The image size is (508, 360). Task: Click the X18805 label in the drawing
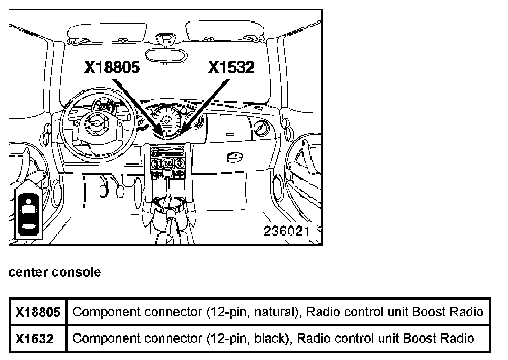tap(112, 67)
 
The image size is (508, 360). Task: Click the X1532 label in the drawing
tap(231, 67)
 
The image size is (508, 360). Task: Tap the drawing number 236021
tap(286, 231)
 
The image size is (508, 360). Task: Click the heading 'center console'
tap(54, 272)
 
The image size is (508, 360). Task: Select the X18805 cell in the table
tap(38, 312)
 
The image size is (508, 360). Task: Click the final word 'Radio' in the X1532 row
tap(458, 339)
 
